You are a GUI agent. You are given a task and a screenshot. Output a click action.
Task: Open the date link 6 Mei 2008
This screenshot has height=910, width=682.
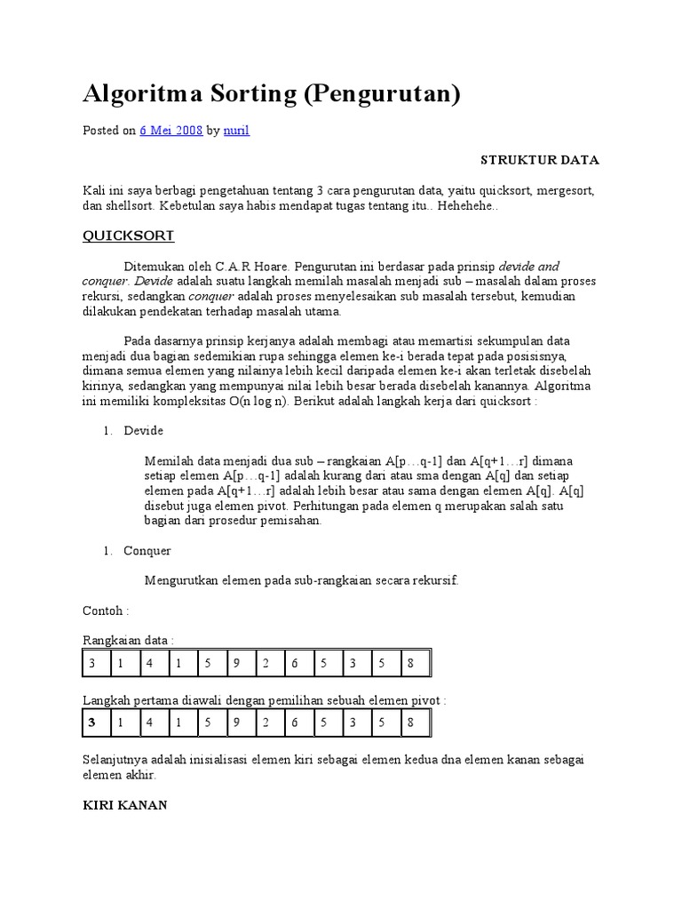(x=171, y=131)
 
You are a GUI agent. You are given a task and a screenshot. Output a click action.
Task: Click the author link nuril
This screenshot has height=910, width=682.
(x=236, y=131)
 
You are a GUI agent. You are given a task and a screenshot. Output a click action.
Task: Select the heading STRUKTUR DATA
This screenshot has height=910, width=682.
(x=540, y=160)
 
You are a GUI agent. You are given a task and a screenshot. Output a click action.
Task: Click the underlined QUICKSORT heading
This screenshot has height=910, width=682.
(x=129, y=235)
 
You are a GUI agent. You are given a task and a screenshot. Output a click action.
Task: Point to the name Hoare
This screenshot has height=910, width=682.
(x=269, y=267)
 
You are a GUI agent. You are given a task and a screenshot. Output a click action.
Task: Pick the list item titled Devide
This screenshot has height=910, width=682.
(x=143, y=431)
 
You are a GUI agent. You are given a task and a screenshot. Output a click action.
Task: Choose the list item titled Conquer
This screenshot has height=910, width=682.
(x=147, y=551)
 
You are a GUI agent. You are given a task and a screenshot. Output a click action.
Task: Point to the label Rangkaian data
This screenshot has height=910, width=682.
(x=128, y=640)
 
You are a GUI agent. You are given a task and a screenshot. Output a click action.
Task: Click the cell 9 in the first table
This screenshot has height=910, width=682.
(x=237, y=664)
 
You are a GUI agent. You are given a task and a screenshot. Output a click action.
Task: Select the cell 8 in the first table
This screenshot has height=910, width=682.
(x=411, y=664)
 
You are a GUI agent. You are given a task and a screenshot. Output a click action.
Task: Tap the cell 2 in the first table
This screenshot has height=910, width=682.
(x=266, y=664)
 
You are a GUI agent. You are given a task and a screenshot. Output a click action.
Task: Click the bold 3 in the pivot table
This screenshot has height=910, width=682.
(x=91, y=722)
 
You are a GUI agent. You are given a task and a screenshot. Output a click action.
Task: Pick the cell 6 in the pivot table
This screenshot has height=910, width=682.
(x=295, y=722)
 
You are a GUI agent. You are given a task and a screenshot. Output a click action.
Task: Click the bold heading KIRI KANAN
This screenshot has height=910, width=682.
(x=124, y=805)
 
